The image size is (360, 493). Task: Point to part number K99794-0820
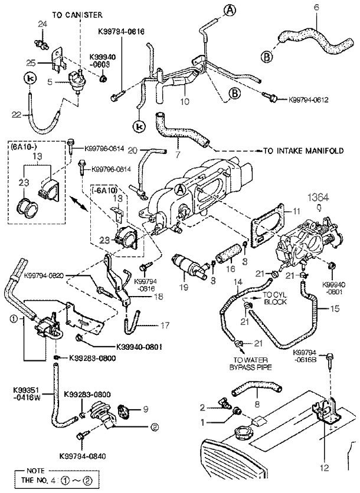pos(48,275)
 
